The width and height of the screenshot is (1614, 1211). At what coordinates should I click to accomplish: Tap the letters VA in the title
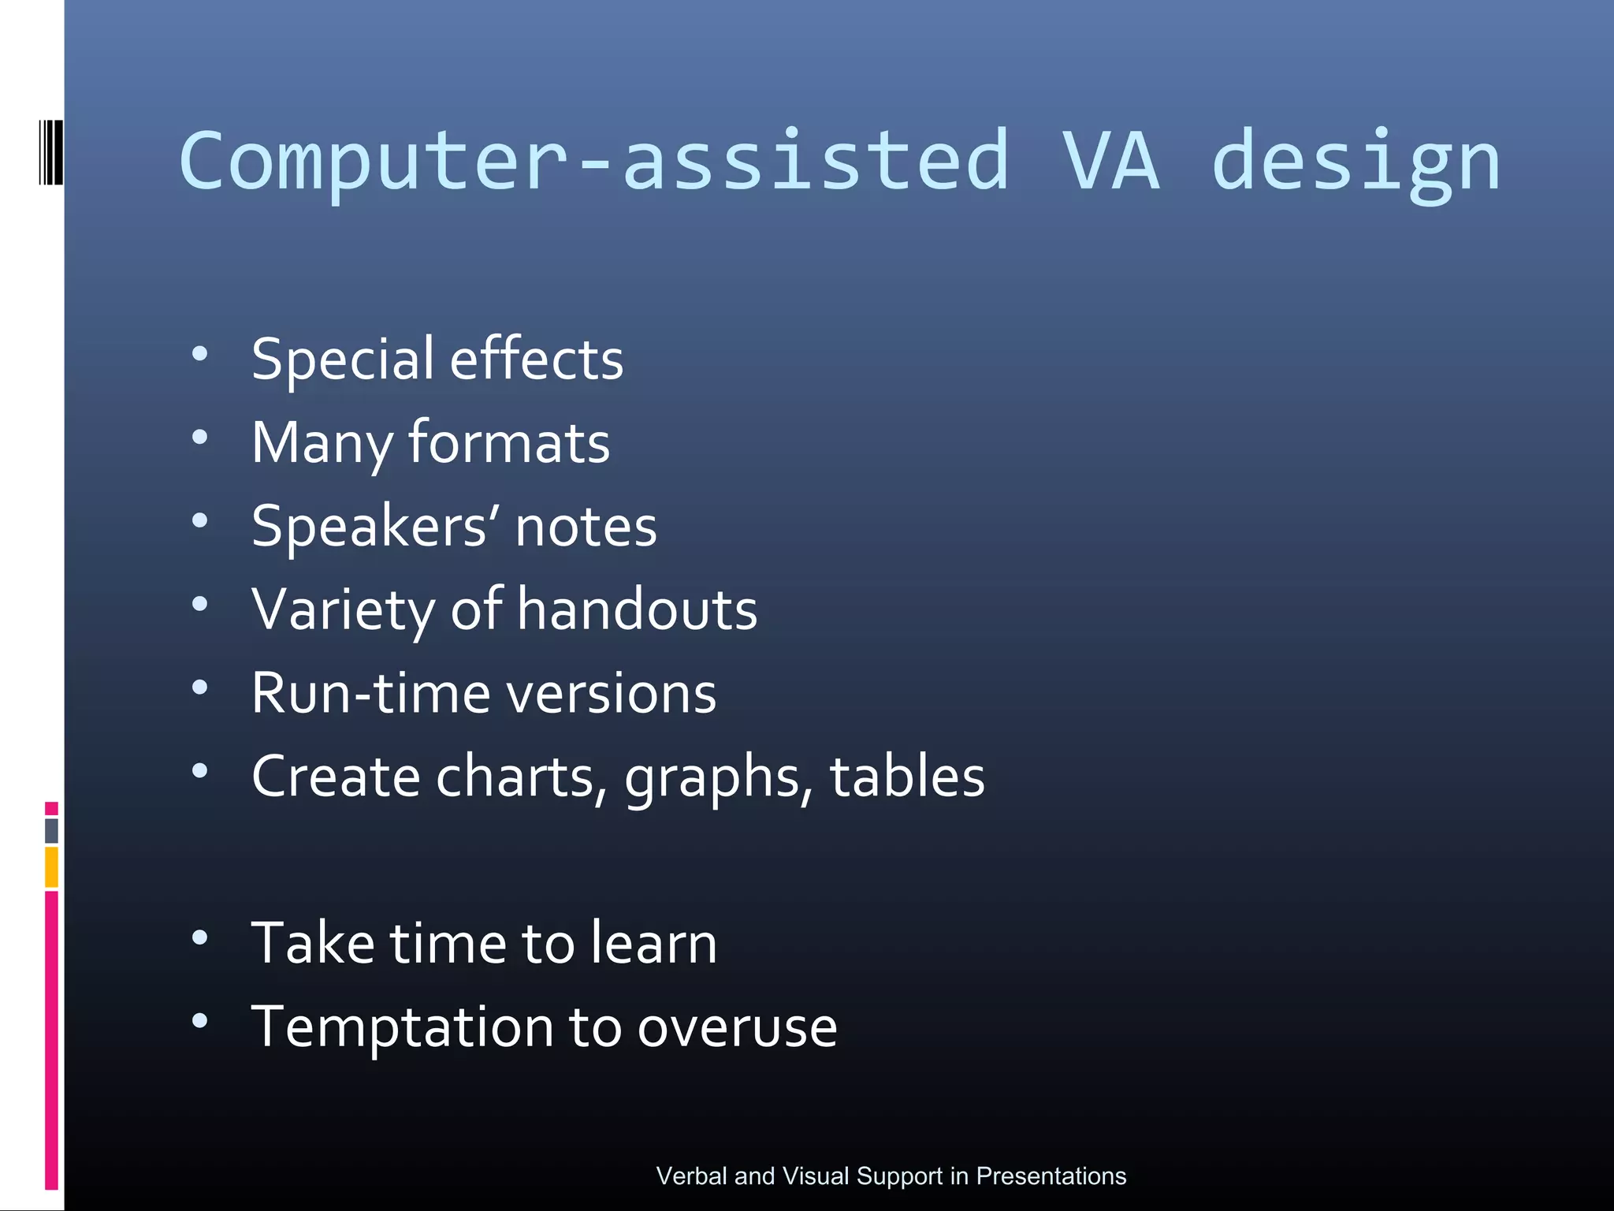[1110, 162]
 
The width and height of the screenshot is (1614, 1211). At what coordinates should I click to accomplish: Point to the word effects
[537, 359]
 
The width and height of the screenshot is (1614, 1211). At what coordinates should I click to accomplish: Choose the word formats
[509, 442]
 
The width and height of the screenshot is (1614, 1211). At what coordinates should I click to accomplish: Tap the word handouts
[638, 609]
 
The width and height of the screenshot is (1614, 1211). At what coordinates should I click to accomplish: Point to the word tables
[907, 777]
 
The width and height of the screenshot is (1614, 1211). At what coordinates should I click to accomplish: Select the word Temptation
[403, 1027]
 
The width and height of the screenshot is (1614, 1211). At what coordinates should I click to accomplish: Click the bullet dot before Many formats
[200, 437]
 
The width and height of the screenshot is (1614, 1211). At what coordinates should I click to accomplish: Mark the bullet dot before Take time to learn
[200, 937]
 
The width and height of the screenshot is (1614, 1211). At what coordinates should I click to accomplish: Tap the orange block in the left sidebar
[51, 866]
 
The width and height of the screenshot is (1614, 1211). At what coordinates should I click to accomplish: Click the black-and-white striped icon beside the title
[50, 152]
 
